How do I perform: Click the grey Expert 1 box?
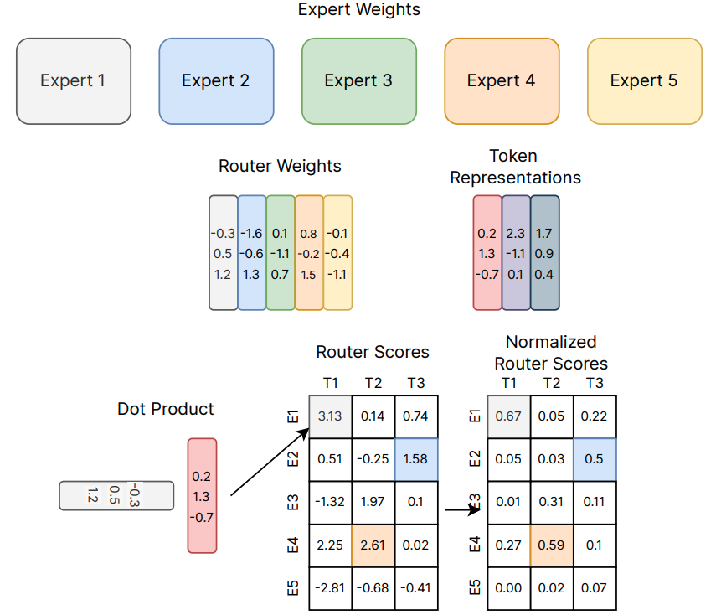73,81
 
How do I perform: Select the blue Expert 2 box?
216,81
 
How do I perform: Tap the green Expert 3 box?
358,81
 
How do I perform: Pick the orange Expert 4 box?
502,81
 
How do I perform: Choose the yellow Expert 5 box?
644,81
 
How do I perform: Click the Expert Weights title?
359,10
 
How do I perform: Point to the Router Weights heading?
280,166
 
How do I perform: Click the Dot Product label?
166,409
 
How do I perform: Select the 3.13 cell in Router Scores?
330,416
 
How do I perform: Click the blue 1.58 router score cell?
416,459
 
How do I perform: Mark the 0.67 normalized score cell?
509,416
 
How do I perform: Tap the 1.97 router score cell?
373,503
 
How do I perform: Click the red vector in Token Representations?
487,253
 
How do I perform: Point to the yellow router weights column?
337,253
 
